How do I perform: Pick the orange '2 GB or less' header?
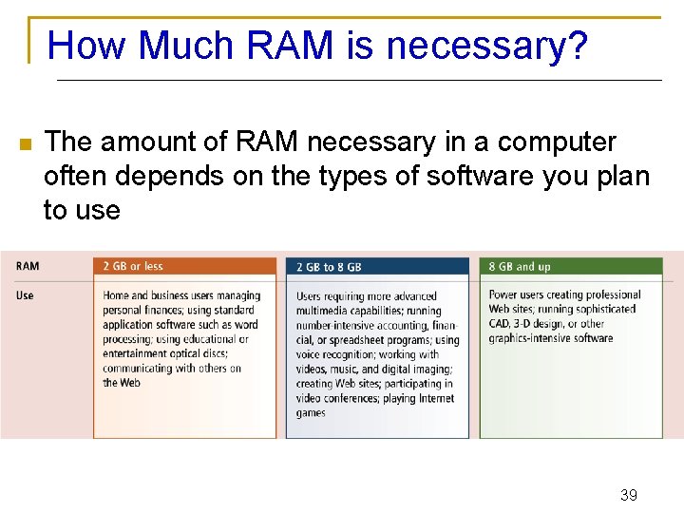coord(133,267)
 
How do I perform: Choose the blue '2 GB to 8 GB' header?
coord(329,268)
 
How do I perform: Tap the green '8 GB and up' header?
coord(520,267)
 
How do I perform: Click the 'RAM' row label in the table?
coord(28,267)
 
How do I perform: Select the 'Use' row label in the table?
coord(25,295)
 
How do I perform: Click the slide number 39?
coord(628,495)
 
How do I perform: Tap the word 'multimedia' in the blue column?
coord(323,311)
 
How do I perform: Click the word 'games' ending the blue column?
coord(311,413)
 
